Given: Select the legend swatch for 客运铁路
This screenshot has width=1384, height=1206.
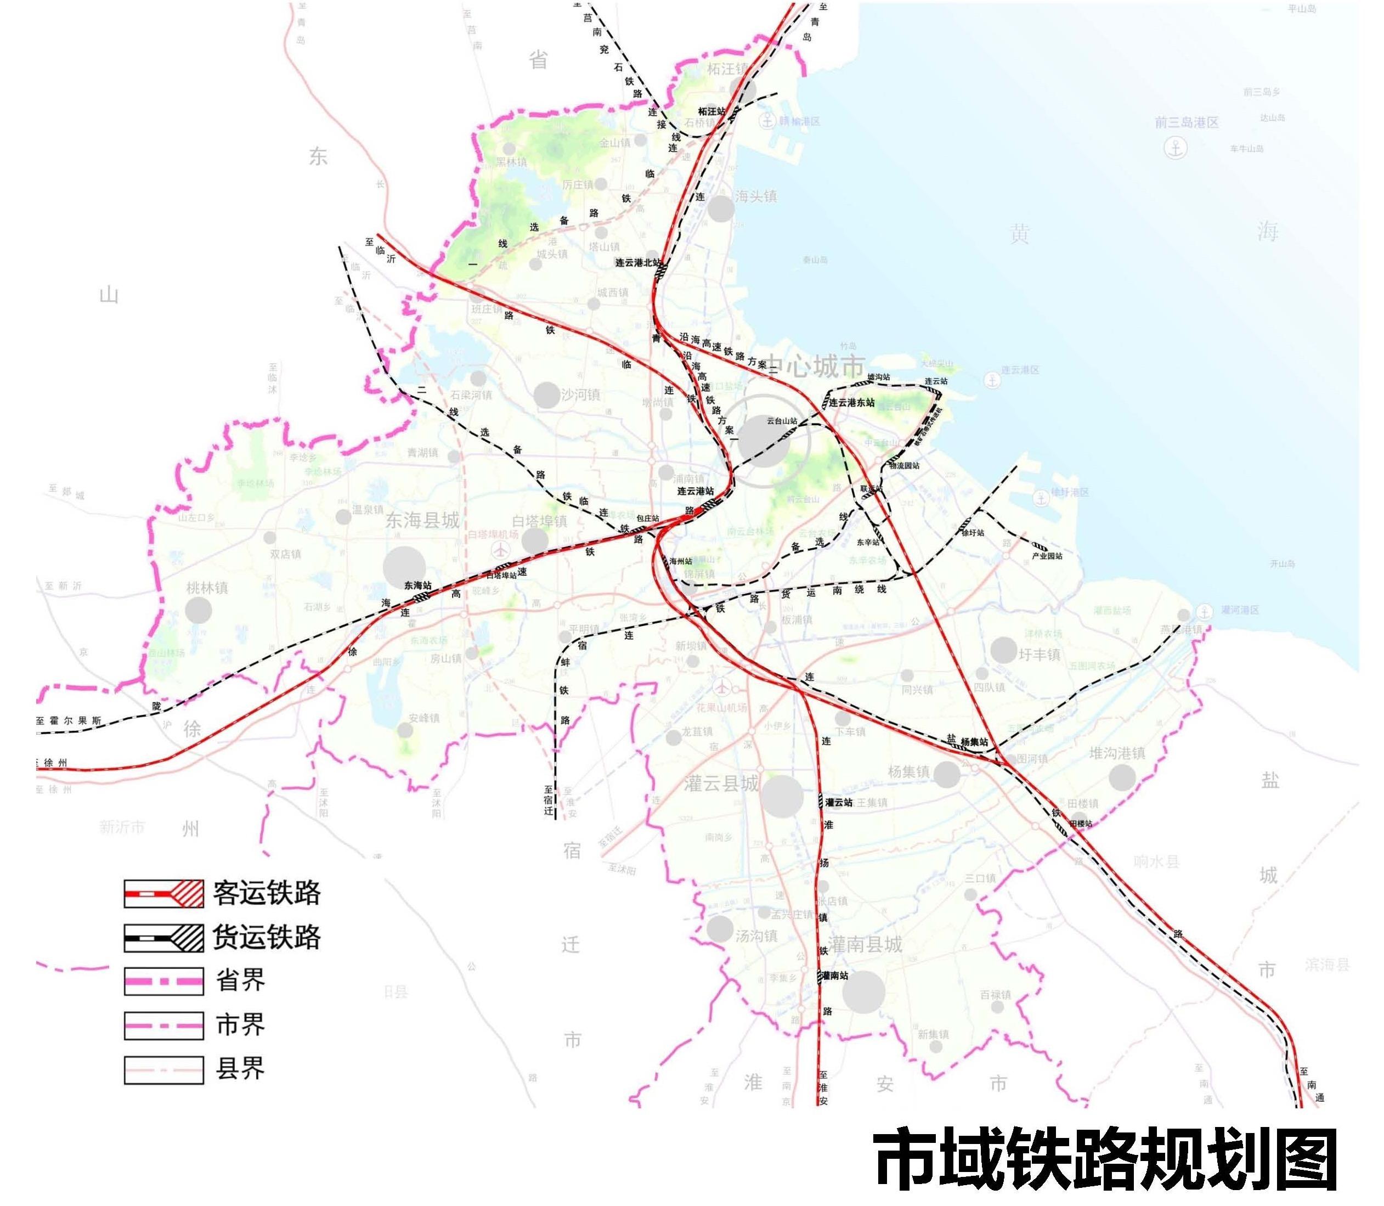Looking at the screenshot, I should tap(163, 894).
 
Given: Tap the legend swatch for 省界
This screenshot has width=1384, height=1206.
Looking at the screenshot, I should tap(163, 981).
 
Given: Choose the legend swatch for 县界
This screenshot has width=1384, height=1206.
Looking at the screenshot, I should tap(163, 1069).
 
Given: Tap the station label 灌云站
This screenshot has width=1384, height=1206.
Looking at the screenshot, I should tap(839, 802).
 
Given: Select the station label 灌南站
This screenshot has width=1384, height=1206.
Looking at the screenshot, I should tap(835, 975).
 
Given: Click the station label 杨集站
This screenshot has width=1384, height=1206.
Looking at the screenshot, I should tap(974, 742).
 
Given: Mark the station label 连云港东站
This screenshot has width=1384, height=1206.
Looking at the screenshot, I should tap(852, 402).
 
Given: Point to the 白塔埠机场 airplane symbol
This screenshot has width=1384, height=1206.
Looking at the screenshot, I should tap(501, 550).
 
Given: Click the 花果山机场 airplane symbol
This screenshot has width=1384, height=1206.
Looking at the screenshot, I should tap(722, 687).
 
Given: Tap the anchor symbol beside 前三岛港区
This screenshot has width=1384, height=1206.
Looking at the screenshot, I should tap(1176, 148).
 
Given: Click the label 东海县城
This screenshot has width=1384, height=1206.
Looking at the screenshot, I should tap(422, 520).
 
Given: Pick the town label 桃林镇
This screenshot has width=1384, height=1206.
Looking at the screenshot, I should tap(207, 588).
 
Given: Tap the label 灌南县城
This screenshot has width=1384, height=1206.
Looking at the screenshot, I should tap(865, 945).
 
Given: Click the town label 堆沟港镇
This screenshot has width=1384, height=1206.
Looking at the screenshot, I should tap(1117, 754).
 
